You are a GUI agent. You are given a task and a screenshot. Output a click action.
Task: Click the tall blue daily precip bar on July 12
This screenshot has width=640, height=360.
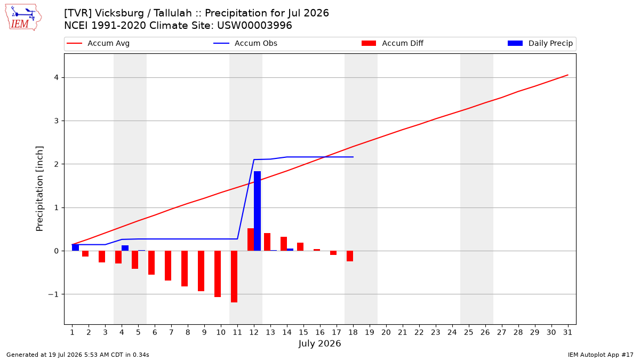coord(257,211)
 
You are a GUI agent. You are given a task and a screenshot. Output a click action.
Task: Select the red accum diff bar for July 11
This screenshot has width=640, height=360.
coord(234,277)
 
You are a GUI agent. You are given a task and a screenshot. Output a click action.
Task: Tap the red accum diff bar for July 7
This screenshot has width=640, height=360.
coord(168,266)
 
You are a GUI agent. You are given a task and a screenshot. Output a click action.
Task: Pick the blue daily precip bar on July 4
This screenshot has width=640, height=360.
coord(125,248)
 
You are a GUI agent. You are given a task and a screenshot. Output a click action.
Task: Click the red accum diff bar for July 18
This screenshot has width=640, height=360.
coord(350,256)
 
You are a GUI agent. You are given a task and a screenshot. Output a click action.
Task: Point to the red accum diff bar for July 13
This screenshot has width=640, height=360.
coord(267,242)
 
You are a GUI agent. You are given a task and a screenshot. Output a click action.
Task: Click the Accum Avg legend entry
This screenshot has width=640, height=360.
coord(98,43)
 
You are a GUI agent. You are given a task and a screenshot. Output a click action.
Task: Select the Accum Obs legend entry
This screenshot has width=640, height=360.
coord(245,43)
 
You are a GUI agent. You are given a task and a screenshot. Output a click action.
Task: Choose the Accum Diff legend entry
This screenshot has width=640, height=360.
coord(393,43)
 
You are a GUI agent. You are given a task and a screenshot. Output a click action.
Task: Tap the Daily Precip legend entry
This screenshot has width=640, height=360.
coord(540,43)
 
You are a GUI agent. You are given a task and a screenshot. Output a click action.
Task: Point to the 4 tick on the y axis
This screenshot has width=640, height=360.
coord(56,78)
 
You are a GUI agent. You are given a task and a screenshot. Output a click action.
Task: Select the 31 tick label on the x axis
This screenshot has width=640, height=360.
coord(567,332)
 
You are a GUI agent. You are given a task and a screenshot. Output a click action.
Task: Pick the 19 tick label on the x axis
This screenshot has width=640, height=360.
coord(370,332)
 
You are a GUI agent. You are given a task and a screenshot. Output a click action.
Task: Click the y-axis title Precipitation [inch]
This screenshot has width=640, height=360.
coord(39,189)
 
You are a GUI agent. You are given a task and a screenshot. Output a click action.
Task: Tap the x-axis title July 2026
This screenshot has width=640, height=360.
coord(319,343)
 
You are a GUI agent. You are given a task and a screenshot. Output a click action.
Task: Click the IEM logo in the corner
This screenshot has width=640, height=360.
coord(23,18)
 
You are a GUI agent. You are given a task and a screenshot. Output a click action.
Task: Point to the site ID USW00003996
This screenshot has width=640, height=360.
coord(254,26)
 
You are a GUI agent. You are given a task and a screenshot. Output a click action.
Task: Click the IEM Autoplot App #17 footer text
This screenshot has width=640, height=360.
coord(601,355)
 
